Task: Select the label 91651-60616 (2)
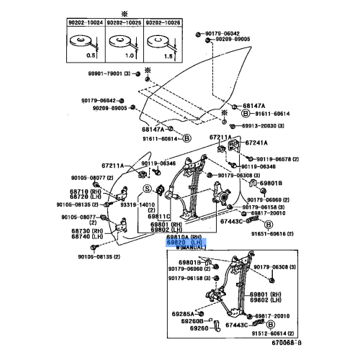click(272, 233)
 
